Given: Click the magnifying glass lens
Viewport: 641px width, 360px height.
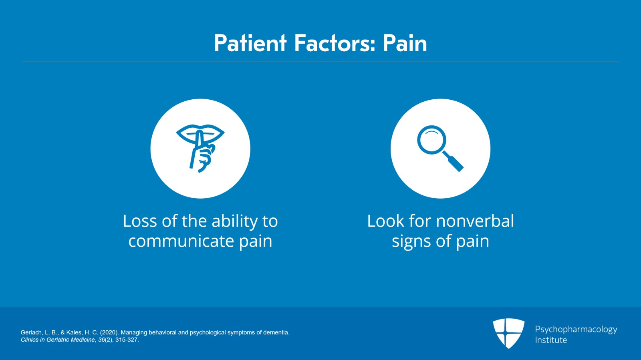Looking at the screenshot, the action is pyautogui.click(x=431, y=140).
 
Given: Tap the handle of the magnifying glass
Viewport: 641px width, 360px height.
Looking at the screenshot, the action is pyautogui.click(x=454, y=162).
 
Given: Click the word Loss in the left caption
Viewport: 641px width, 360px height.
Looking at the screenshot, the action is pyautogui.click(x=140, y=221).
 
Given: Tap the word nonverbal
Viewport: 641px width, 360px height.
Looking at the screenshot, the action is pyautogui.click(x=475, y=221).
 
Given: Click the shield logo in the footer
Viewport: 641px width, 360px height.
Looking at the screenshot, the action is pyautogui.click(x=508, y=333).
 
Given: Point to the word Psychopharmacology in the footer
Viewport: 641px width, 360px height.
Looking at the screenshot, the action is pyautogui.click(x=576, y=330).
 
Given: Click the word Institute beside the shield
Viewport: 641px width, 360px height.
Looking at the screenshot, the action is pyautogui.click(x=551, y=340).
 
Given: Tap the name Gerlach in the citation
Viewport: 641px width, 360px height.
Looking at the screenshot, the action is pyautogui.click(x=32, y=332).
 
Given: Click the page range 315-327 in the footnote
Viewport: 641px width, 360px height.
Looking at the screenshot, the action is pyautogui.click(x=127, y=340).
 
